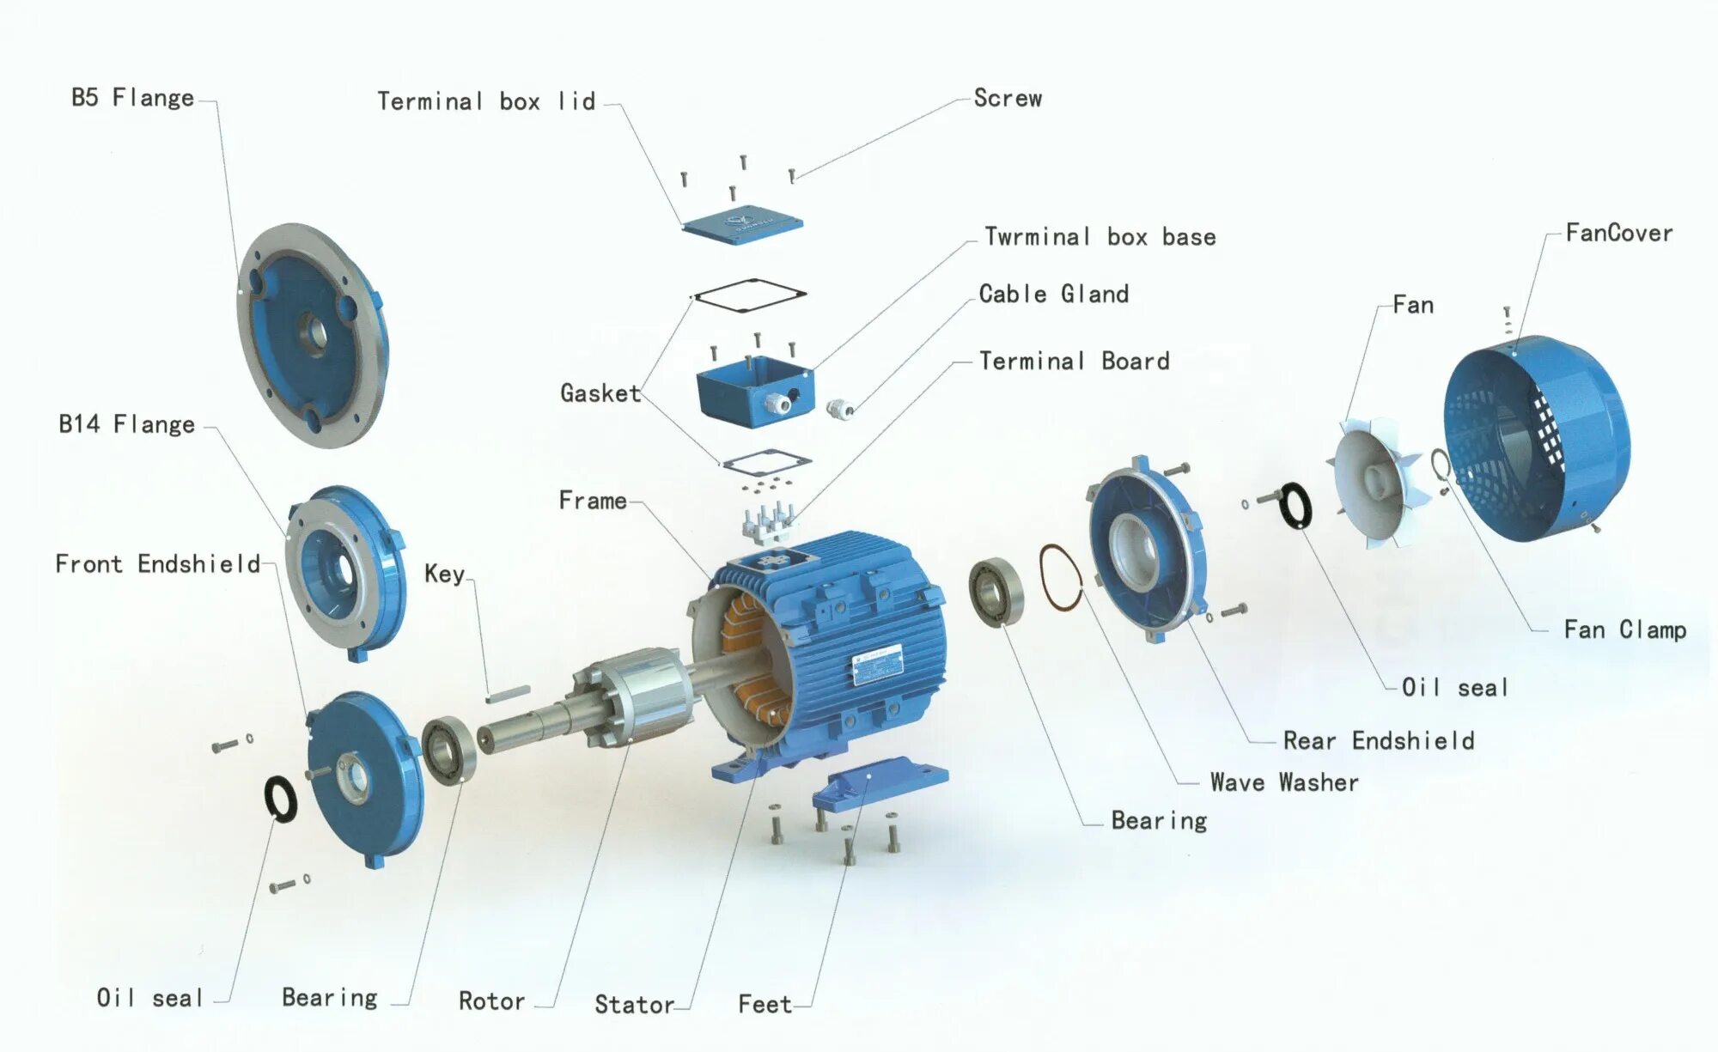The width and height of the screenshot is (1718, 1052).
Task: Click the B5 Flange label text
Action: (132, 98)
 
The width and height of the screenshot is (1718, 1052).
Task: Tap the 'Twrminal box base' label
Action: (1100, 237)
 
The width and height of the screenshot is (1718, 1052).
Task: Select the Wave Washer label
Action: (1283, 782)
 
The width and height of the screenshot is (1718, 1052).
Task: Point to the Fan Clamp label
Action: (1624, 630)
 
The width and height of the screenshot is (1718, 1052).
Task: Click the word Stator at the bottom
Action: (634, 1004)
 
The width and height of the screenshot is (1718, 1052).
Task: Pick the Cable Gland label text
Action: (1053, 295)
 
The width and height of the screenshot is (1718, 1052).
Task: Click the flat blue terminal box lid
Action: (743, 225)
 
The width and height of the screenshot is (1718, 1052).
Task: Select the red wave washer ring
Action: (1060, 578)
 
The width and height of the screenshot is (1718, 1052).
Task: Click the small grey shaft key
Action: (508, 694)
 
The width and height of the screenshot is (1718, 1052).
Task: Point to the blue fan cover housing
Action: (1538, 438)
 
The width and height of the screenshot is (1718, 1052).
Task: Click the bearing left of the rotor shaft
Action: (448, 750)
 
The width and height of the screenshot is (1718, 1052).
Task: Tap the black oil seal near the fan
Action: (1295, 505)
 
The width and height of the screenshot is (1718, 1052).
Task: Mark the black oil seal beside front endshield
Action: (280, 798)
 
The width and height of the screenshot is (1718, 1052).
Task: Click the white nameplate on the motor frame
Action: (878, 664)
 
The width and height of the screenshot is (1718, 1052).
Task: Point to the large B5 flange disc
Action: (312, 335)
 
